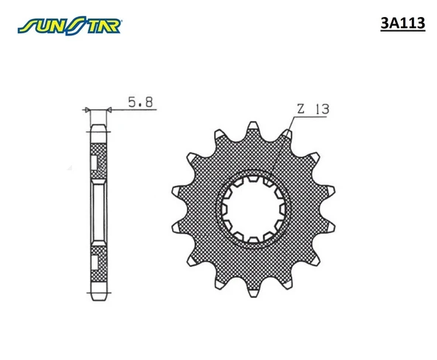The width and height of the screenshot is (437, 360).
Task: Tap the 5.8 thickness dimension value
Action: tap(140, 103)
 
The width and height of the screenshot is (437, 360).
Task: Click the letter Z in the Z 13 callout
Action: tap(300, 108)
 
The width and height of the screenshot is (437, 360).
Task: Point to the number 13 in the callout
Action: tap(321, 108)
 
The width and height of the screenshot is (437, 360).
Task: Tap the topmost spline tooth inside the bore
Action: tap(252, 180)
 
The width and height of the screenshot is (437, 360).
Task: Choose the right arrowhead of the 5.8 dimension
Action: tap(109, 110)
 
